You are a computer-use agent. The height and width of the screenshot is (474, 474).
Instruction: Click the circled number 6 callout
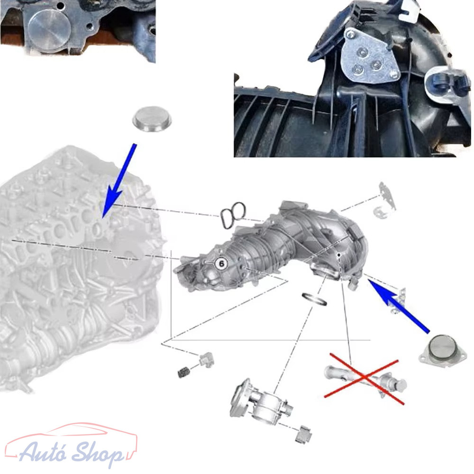point(221,264)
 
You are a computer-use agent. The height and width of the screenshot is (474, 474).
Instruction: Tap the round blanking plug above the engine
point(152,119)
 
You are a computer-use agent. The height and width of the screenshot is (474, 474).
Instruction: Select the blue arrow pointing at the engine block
point(118,181)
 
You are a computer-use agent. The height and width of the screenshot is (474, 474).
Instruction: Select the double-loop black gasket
point(233,215)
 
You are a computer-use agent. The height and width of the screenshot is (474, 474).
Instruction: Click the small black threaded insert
point(183,372)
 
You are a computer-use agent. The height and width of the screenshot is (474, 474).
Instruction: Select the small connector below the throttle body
point(303,434)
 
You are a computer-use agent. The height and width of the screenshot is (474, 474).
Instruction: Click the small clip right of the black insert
point(206,359)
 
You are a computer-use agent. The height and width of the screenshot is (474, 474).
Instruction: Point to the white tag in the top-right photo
point(409,10)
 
